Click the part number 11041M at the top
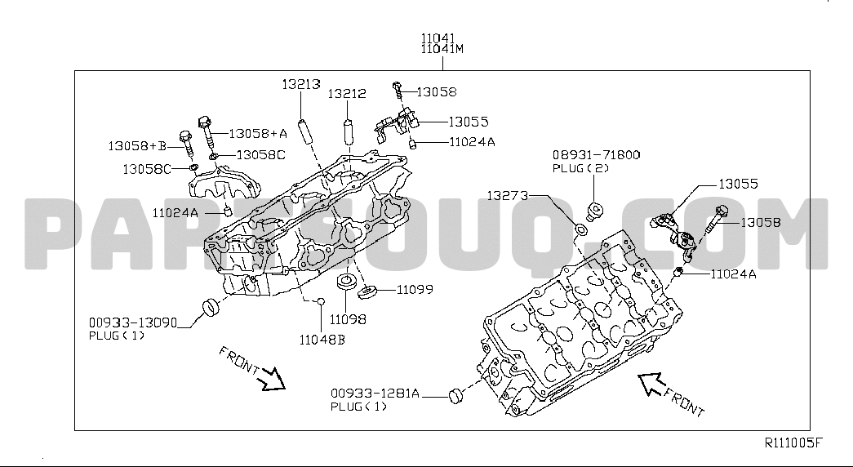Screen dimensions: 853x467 tap(442, 49)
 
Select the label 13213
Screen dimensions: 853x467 tap(301, 84)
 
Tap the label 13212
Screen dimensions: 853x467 tap(347, 94)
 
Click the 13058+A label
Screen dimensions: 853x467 tap(258, 133)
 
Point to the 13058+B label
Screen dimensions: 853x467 tap(137, 146)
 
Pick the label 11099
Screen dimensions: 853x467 tap(415, 290)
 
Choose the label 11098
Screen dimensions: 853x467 tap(348, 319)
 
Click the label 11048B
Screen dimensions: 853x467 tap(322, 340)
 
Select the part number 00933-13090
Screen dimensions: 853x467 tap(133, 323)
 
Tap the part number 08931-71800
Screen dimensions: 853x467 tap(596, 155)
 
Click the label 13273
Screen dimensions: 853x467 tap(507, 195)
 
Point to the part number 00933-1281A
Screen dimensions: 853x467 tap(375, 393)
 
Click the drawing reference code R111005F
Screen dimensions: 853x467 tap(793, 443)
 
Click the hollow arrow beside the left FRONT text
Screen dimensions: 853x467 tap(272, 379)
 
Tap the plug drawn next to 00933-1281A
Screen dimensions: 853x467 tap(455, 396)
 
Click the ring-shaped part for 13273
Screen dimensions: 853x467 tap(581, 229)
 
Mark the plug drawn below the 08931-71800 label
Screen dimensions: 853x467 tap(596, 211)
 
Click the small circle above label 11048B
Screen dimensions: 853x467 tap(321, 301)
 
